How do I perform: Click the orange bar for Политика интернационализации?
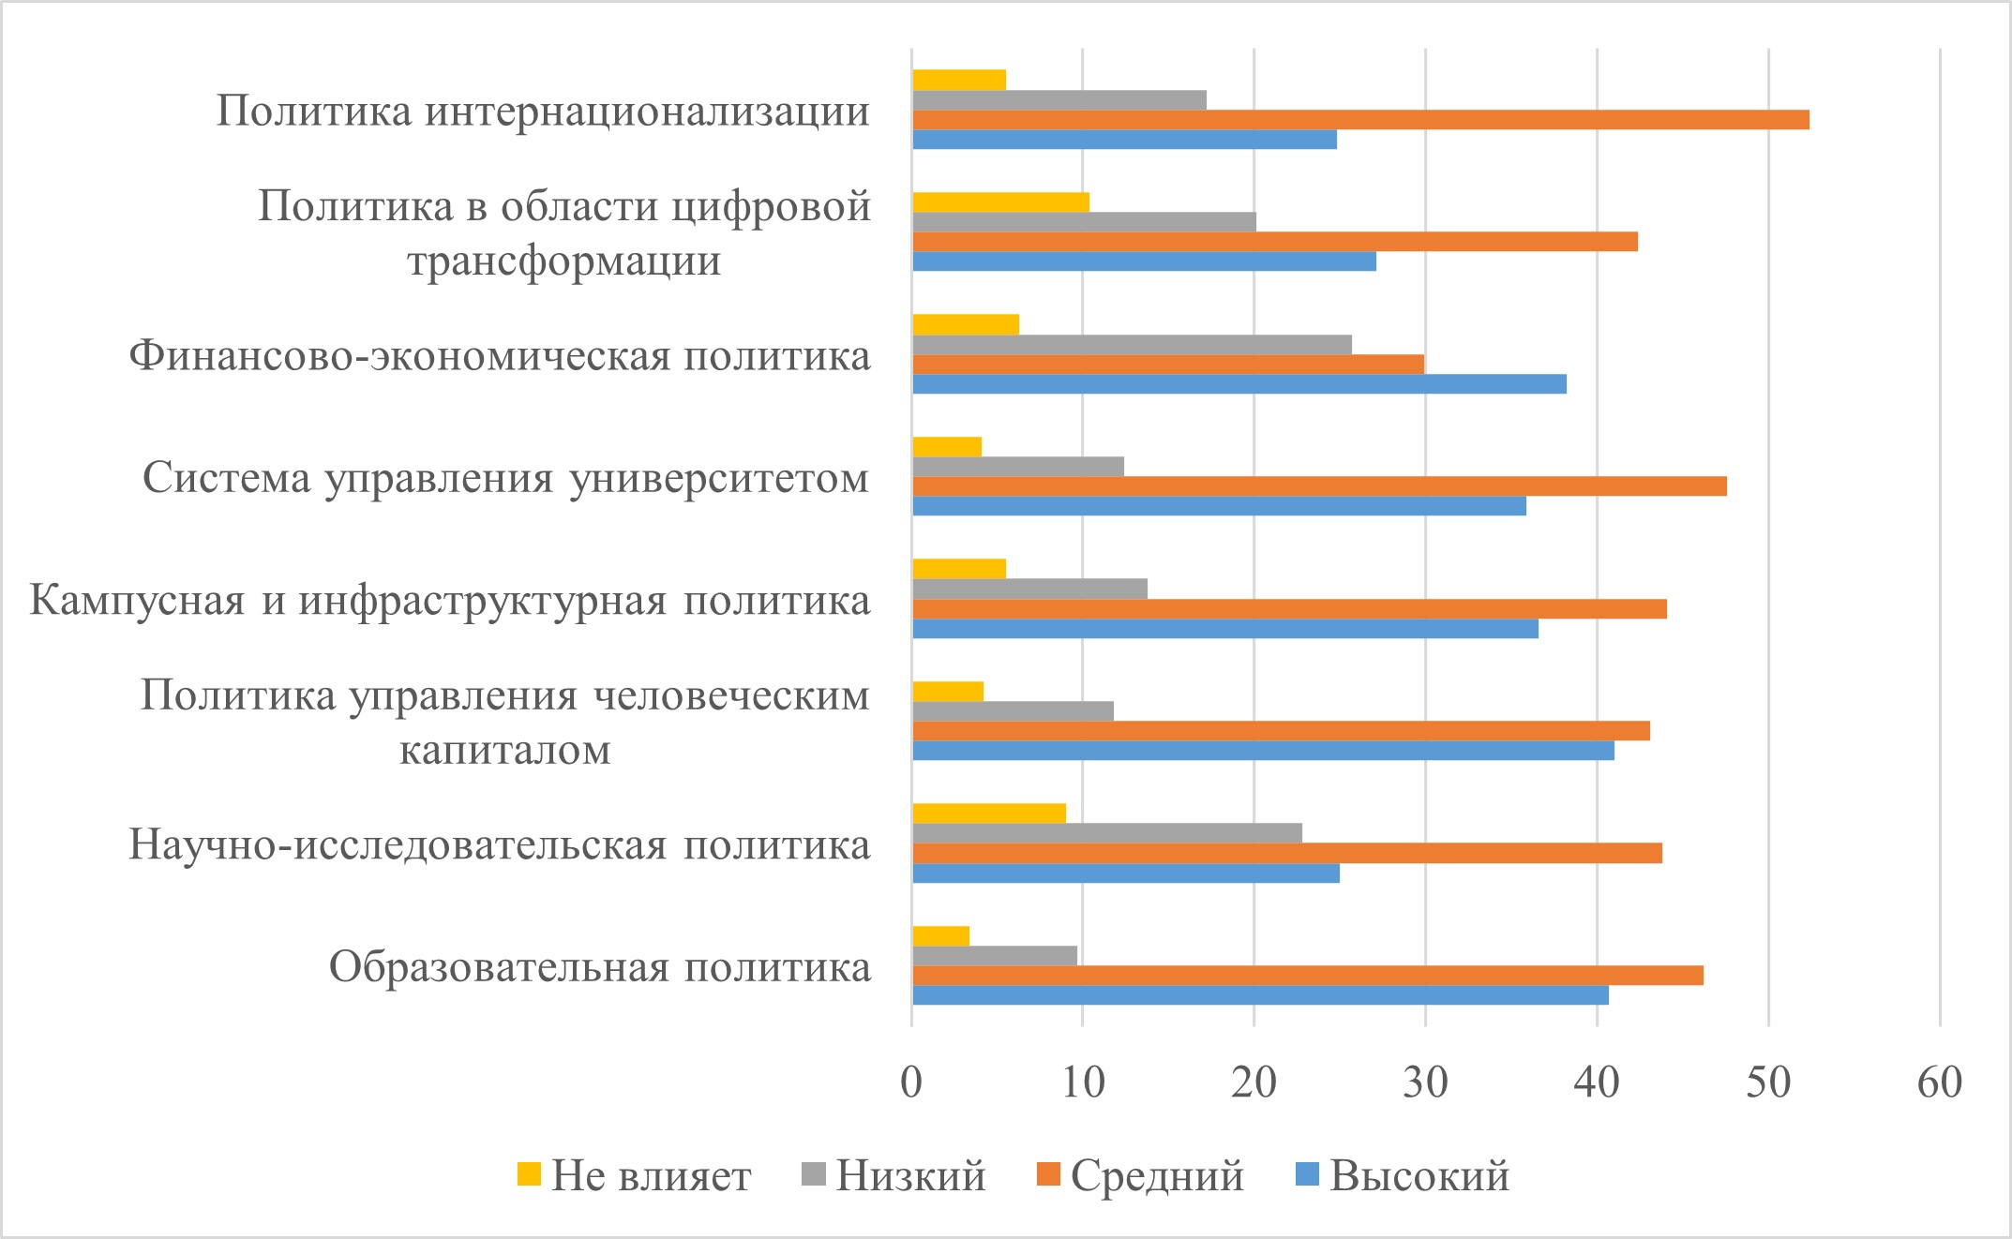point(1359,120)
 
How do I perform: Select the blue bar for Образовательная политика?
point(1260,995)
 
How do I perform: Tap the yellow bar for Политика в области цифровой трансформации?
point(1000,202)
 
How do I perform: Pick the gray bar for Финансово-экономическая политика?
point(1132,345)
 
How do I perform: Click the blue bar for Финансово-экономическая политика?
point(1239,384)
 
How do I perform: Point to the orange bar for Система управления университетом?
point(1319,486)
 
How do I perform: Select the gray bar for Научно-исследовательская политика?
point(1106,833)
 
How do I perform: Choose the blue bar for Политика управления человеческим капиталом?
point(1263,751)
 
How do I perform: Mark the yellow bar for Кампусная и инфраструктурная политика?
point(958,569)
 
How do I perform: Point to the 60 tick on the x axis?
point(1940,1083)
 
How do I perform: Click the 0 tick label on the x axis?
point(911,1083)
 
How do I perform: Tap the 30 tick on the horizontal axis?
point(1425,1083)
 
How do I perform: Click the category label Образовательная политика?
point(600,967)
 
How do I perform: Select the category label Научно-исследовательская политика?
point(500,845)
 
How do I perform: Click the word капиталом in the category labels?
point(505,750)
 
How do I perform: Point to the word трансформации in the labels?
point(564,261)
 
